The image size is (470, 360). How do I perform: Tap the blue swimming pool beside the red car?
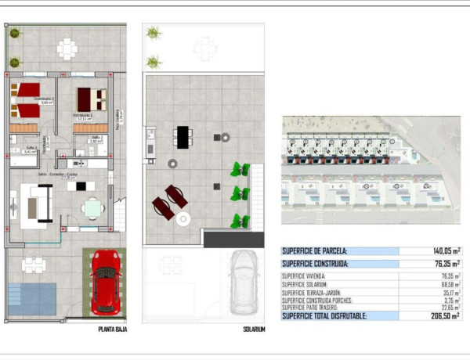click(32, 298)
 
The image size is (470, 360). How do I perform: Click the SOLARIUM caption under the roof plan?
click(253, 330)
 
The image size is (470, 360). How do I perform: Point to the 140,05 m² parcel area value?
click(442, 251)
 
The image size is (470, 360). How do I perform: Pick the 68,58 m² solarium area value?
click(448, 284)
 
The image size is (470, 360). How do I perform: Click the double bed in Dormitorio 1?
click(91, 99)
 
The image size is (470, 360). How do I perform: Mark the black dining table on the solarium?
click(183, 137)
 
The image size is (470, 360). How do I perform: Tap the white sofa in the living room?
click(35, 205)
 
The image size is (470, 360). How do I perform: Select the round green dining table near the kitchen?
click(93, 207)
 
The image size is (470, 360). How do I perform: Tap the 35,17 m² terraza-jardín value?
click(448, 292)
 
